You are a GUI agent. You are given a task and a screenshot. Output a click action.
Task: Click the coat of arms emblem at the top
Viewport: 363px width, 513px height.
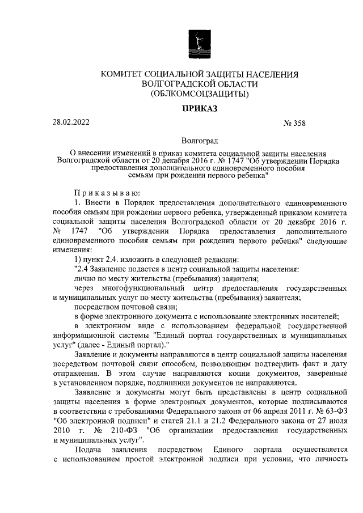click(199, 44)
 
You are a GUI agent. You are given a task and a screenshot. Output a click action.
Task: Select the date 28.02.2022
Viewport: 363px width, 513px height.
click(70, 122)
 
